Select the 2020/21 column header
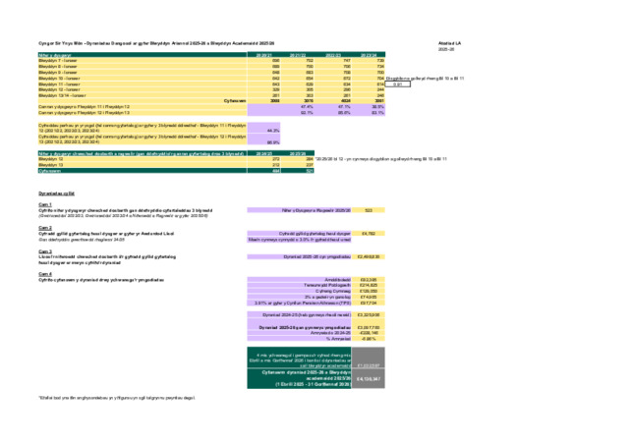[x=264, y=56]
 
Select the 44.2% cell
[x=272, y=130]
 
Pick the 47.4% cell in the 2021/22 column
[x=307, y=106]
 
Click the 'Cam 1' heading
[x=44, y=204]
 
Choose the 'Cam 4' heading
[x=44, y=274]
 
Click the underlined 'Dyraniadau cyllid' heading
[x=55, y=194]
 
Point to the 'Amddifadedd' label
[x=324, y=279]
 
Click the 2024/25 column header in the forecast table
[x=264, y=153]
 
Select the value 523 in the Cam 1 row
[x=368, y=210]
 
